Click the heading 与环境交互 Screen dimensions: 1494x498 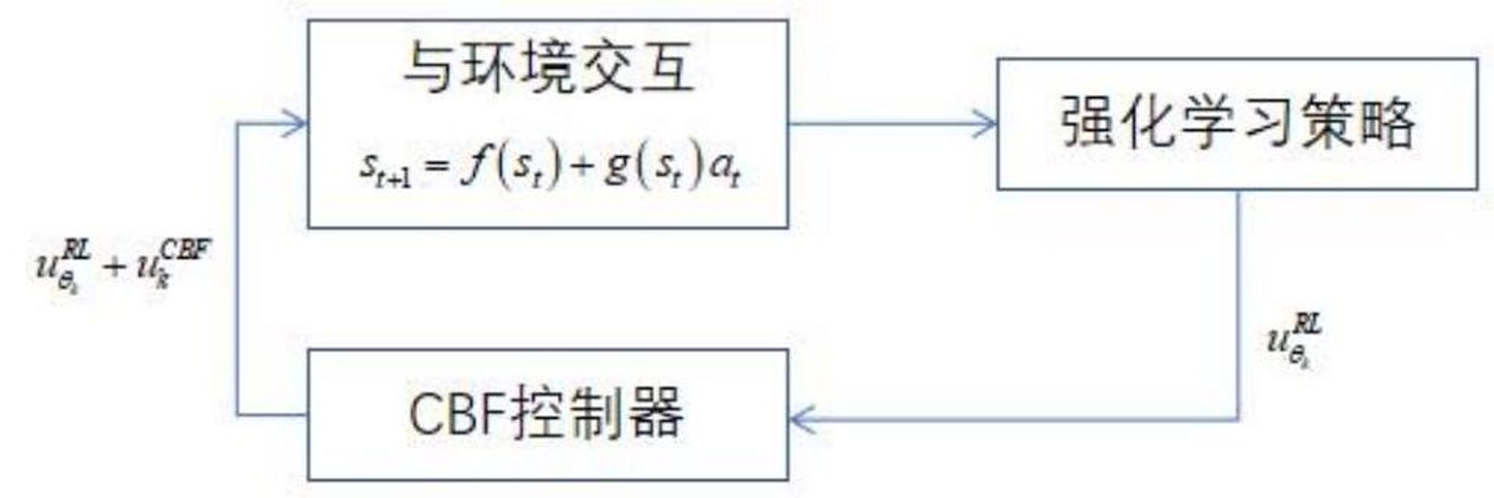(x=548, y=69)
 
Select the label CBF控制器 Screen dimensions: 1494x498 (x=546, y=414)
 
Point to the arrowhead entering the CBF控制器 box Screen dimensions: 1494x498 (x=799, y=419)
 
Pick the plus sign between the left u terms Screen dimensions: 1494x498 (x=114, y=266)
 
